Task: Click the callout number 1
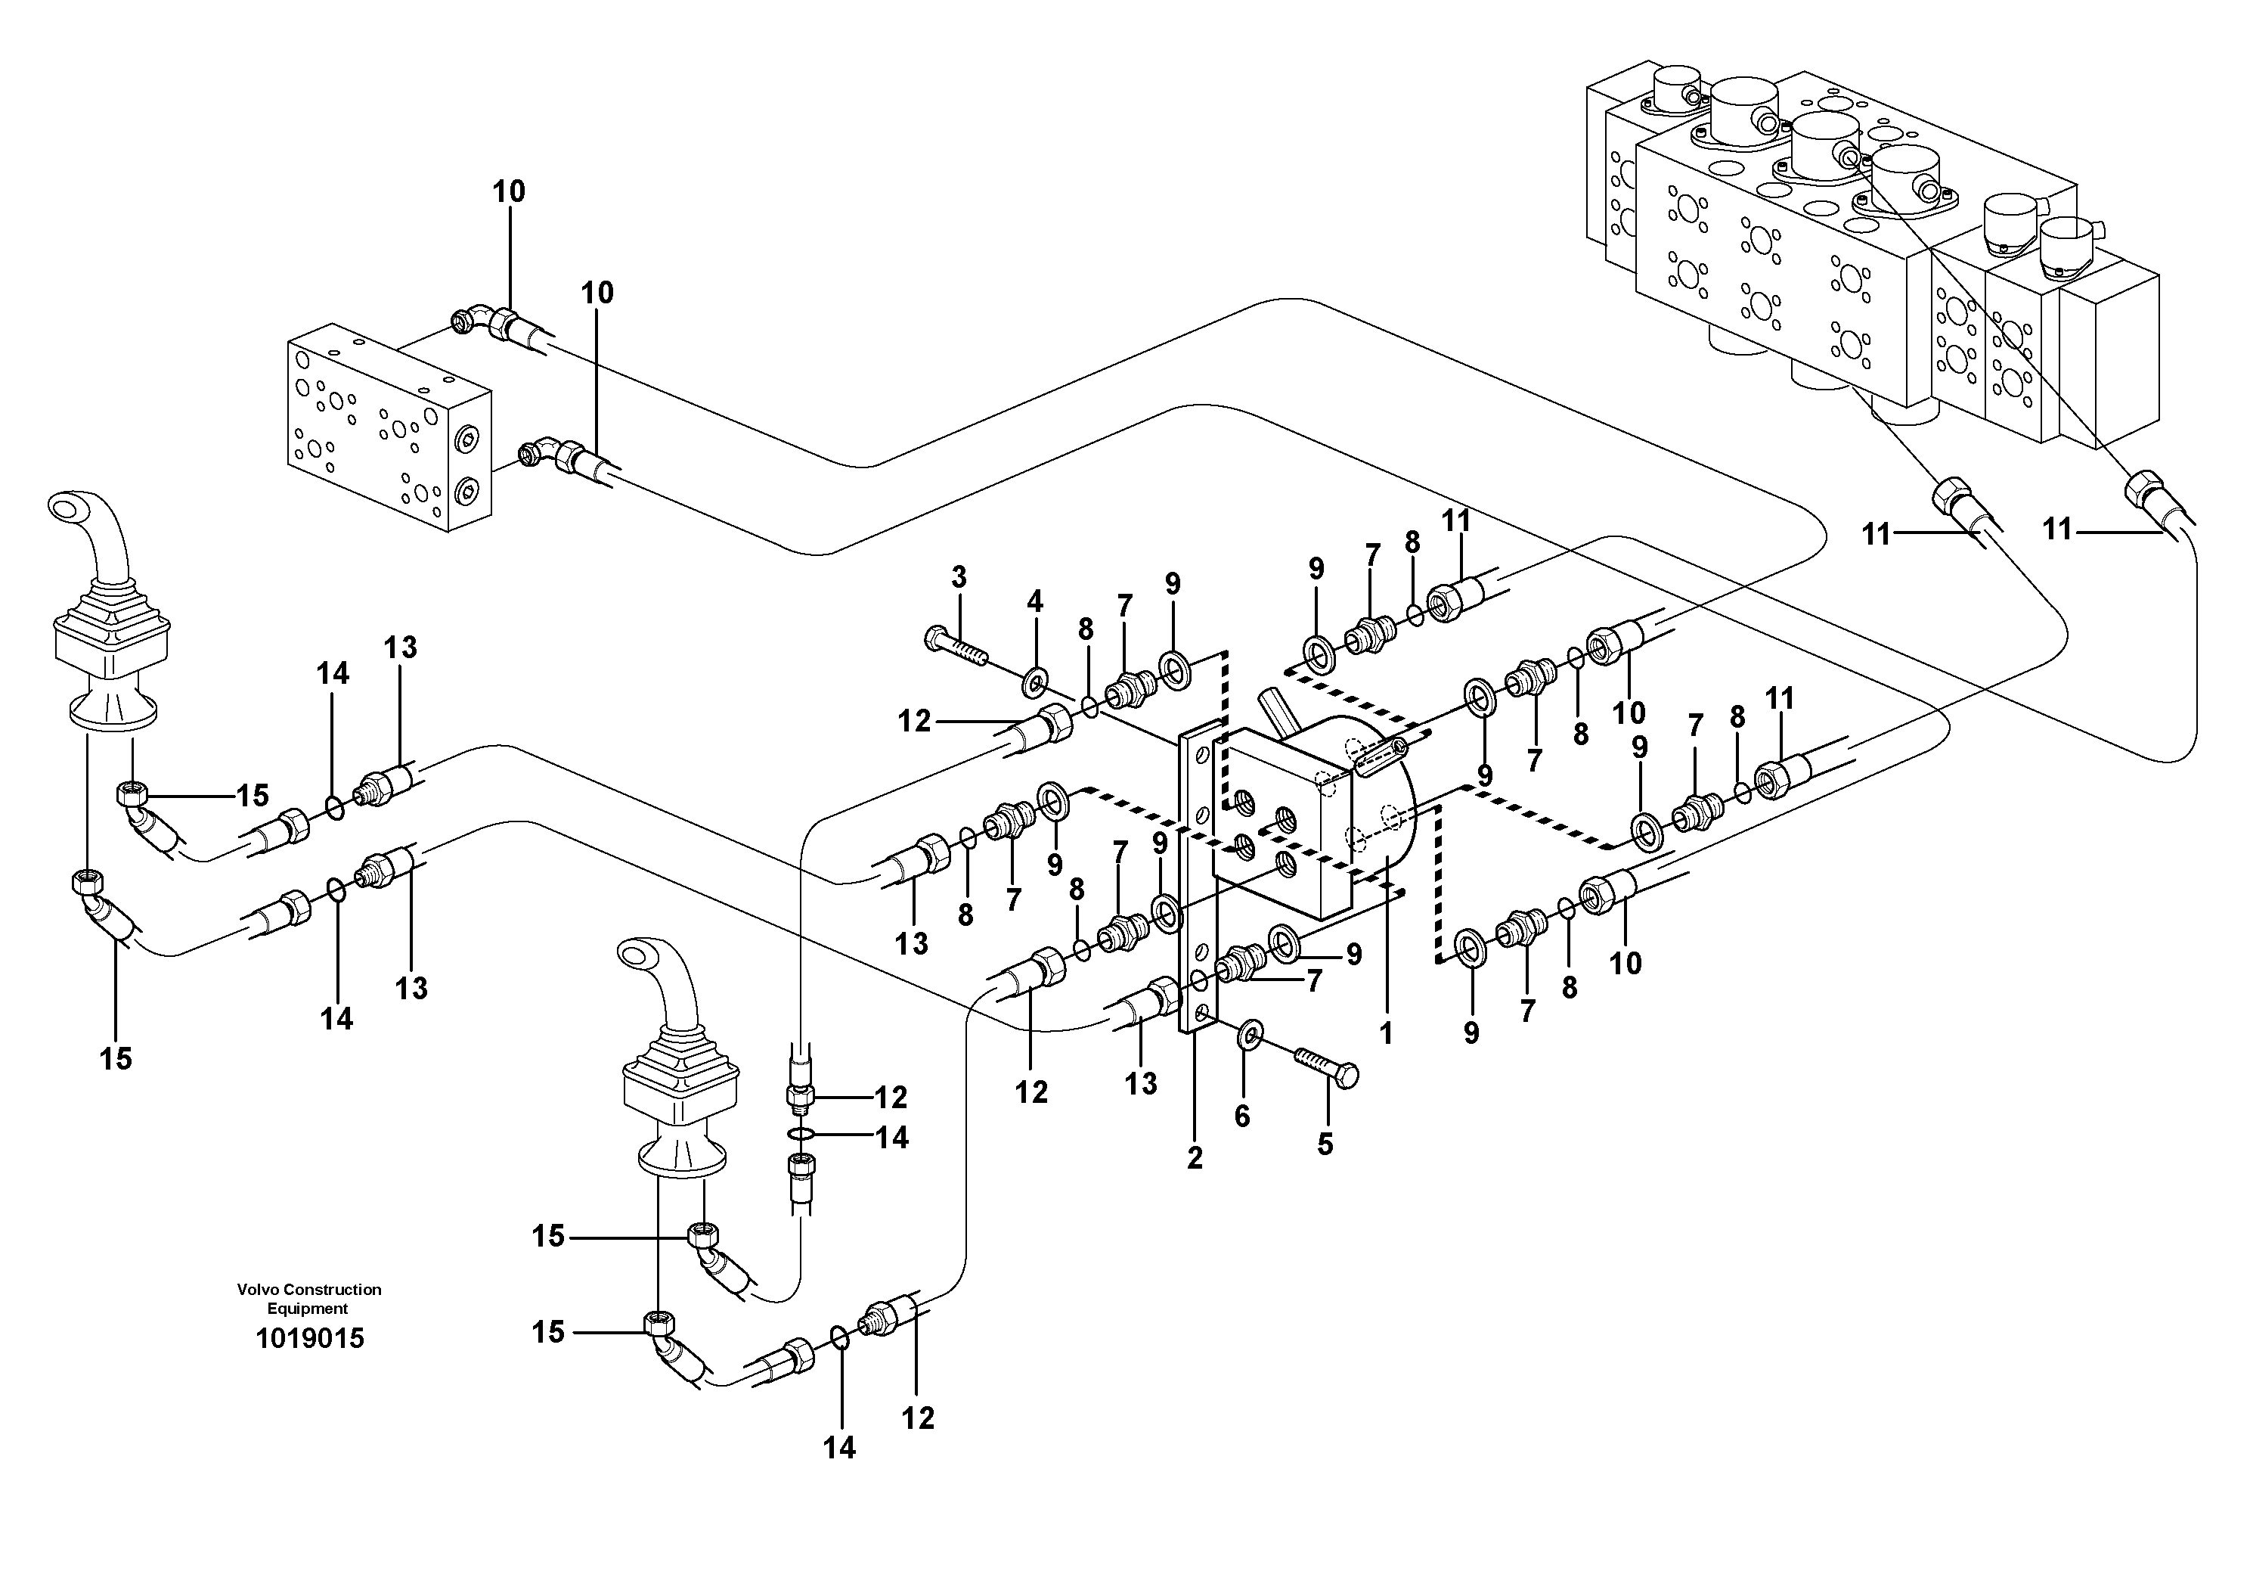tap(1386, 1033)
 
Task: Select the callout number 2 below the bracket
tap(1194, 1157)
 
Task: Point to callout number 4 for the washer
tap(1035, 601)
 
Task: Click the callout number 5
tap(1325, 1143)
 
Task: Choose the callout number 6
tap(1241, 1116)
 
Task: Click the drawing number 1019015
tap(310, 1338)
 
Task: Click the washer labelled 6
tap(1251, 1033)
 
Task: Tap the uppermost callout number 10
tap(509, 191)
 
